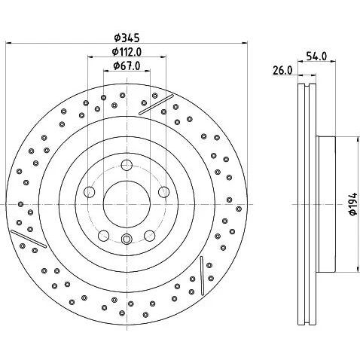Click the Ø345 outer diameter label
click(127, 38)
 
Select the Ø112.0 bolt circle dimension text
click(127, 52)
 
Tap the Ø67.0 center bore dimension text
click(127, 66)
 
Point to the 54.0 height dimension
click(316, 56)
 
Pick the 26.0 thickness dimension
click(282, 70)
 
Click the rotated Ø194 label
click(352, 204)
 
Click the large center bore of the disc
click(127, 205)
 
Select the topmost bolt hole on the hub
click(127, 165)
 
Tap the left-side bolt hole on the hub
click(90, 192)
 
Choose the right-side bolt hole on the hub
click(164, 192)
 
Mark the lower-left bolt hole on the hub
click(104, 236)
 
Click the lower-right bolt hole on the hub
click(150, 236)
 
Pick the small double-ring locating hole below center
click(127, 239)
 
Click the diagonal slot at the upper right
click(156, 105)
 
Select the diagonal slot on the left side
click(29, 239)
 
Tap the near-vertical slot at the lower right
click(202, 276)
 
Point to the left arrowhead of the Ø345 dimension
click(9, 43)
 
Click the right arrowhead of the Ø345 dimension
click(244, 43)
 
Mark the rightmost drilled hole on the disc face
click(239, 209)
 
